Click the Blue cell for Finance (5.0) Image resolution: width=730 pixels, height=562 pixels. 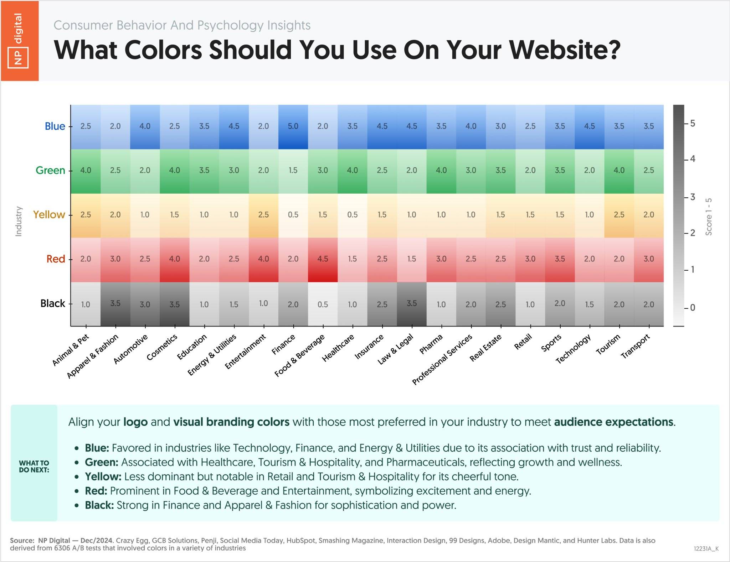tap(293, 126)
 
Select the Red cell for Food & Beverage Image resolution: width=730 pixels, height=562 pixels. tap(323, 259)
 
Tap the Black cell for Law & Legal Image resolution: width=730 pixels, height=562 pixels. tap(412, 303)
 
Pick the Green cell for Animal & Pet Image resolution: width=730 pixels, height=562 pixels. tap(86, 171)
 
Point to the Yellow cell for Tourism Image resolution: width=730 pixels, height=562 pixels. tap(619, 215)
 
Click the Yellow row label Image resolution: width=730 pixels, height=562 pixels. tap(49, 215)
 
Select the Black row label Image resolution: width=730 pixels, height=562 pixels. tap(53, 303)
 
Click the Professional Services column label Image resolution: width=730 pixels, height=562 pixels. tap(442, 360)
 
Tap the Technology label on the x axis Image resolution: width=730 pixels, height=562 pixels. tap(573, 349)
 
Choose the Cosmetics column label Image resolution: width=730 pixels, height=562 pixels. tap(162, 348)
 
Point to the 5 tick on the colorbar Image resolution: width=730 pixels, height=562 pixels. tap(693, 124)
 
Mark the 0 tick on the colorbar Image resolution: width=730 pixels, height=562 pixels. tap(693, 308)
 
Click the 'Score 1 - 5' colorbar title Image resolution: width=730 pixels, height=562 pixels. tap(709, 217)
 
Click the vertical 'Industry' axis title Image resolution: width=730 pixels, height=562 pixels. tap(19, 221)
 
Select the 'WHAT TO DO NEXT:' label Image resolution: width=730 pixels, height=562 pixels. tap(34, 466)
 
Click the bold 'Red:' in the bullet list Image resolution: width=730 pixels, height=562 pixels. tap(96, 491)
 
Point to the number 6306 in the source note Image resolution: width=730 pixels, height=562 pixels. tap(63, 548)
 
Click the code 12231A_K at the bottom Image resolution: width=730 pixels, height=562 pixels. tap(706, 549)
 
